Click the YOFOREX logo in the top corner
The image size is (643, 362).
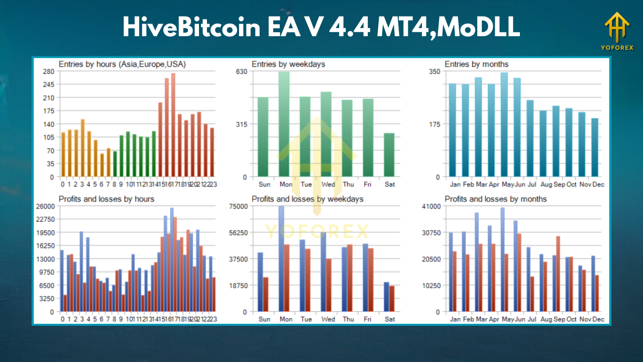pos(619,31)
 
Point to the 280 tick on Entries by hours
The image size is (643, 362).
pos(49,71)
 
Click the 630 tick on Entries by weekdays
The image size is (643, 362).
pos(242,71)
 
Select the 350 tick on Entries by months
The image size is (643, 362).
pos(435,71)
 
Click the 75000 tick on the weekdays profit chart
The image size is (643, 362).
pos(238,206)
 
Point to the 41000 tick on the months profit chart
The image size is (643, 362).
pos(431,206)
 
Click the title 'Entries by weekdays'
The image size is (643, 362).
pos(288,64)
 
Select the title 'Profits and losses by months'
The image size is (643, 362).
pos(495,199)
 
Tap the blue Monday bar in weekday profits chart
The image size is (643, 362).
pos(281,259)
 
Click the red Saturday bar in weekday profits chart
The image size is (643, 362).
pos(392,299)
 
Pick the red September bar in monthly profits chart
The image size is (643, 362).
pos(558,274)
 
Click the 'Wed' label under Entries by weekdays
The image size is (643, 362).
pos(328,185)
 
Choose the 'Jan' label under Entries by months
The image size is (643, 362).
pos(455,185)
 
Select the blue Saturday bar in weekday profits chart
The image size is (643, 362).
pos(386,297)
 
